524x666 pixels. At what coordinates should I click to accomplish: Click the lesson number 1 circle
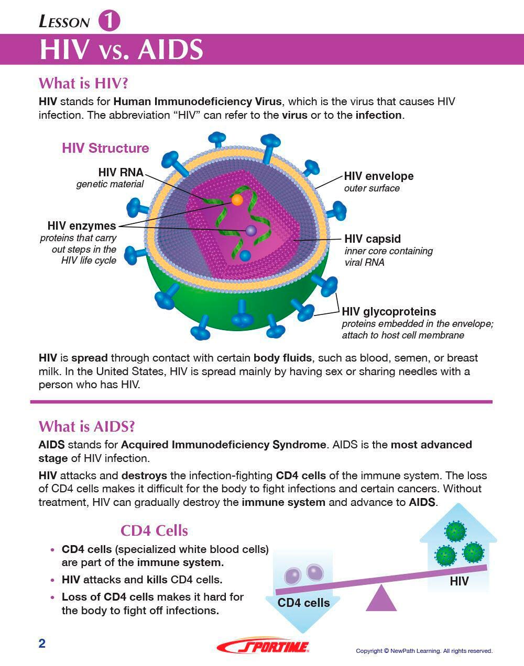[109, 21]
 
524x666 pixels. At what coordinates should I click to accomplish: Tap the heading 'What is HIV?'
[83, 83]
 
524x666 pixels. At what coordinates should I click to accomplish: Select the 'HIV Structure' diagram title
[105, 148]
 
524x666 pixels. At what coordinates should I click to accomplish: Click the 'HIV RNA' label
[121, 173]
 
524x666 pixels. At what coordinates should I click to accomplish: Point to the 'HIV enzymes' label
[82, 225]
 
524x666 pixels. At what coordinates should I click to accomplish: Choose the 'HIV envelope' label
[378, 176]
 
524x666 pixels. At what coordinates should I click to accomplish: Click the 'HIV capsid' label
[372, 239]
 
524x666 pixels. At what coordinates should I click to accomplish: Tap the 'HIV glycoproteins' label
[389, 312]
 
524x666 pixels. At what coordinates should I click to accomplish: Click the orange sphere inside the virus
[237, 200]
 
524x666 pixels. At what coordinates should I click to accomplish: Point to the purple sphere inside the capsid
[251, 230]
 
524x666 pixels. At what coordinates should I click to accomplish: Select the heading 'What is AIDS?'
[86, 426]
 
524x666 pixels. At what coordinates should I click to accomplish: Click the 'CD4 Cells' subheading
[154, 530]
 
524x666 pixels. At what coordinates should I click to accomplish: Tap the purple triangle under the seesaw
[381, 599]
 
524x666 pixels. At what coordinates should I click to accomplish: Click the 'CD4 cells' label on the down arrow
[303, 603]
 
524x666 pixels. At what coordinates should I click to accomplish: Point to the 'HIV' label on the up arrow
[459, 581]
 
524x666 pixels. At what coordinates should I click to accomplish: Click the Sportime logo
[263, 647]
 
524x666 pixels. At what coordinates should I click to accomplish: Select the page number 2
[42, 644]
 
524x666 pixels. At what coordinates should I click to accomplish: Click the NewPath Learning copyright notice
[424, 651]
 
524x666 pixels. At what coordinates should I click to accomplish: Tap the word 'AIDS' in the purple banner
[170, 50]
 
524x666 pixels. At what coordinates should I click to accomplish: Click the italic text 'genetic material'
[110, 184]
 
